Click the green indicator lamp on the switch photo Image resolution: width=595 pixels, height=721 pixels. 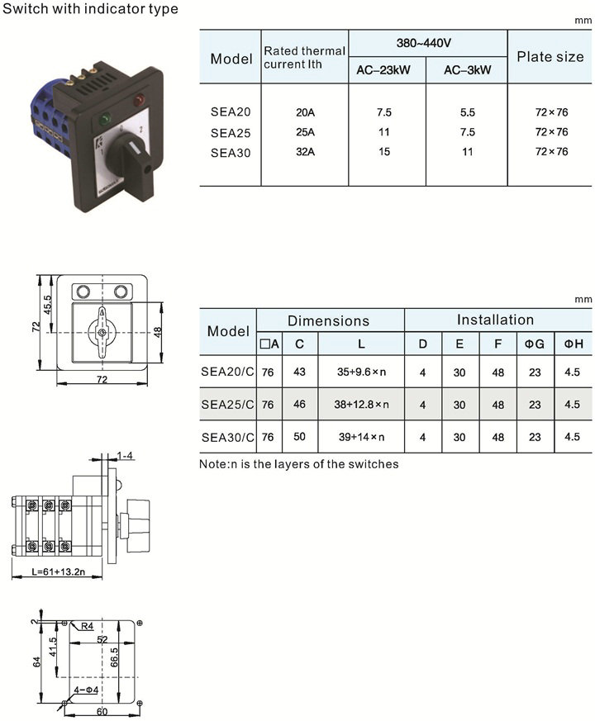(x=106, y=119)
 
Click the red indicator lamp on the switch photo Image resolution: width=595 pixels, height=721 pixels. (x=138, y=99)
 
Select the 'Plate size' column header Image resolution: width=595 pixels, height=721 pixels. (x=550, y=56)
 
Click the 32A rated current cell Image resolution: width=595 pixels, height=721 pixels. (x=305, y=152)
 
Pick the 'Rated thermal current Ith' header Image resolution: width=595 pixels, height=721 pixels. (x=304, y=58)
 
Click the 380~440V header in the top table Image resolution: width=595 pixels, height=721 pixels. (x=424, y=43)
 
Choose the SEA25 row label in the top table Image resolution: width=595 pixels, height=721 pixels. (x=231, y=133)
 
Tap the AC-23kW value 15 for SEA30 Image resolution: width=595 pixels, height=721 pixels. (x=384, y=152)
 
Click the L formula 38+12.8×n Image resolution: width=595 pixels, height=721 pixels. (x=361, y=404)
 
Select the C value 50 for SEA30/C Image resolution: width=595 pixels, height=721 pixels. (x=300, y=436)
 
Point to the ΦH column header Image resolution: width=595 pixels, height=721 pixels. (x=574, y=344)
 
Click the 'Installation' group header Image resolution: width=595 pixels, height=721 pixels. (x=495, y=320)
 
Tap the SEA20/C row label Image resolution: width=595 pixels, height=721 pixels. (x=227, y=372)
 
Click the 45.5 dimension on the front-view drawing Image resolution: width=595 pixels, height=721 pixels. (x=48, y=305)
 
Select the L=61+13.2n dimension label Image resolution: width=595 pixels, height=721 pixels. (x=58, y=572)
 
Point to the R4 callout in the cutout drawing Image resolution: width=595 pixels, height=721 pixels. (x=87, y=626)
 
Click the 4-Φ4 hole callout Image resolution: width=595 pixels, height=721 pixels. (x=86, y=690)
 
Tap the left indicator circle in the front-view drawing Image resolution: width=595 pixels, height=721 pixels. (x=83, y=292)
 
